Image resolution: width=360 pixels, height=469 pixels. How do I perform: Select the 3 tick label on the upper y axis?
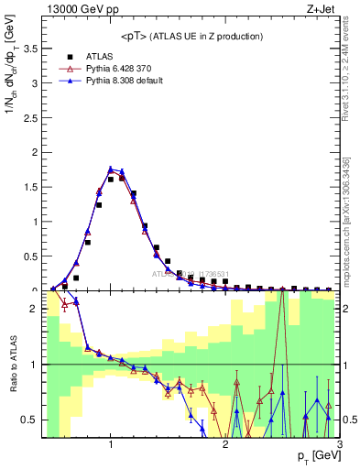(35, 83)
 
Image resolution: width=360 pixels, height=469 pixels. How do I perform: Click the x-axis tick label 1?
(111, 445)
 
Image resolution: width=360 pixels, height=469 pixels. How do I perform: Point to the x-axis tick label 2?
(225, 445)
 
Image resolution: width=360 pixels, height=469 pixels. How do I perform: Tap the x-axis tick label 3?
(339, 445)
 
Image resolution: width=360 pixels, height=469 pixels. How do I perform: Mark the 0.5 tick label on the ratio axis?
(29, 420)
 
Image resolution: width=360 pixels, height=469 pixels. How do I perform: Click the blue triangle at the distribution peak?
(111, 169)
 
